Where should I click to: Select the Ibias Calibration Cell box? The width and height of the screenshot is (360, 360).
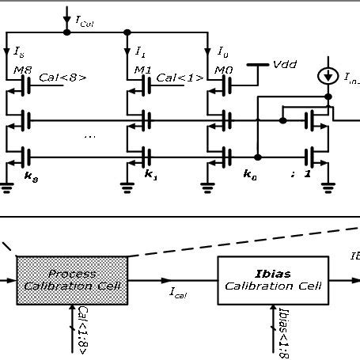click(273, 279)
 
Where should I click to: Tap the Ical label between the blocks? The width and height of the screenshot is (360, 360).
click(176, 292)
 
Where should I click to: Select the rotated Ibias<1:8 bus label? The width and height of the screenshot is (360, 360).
click(282, 332)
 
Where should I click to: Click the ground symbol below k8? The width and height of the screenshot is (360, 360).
click(7, 188)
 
